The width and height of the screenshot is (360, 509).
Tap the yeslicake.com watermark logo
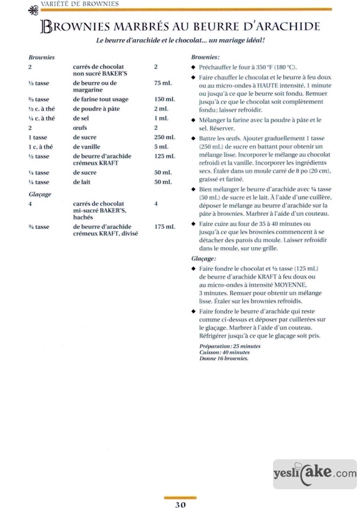(x=315, y=474)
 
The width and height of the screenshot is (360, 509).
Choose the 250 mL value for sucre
(x=164, y=137)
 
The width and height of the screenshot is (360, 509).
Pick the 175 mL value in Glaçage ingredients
(x=164, y=227)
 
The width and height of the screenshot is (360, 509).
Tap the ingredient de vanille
(x=88, y=147)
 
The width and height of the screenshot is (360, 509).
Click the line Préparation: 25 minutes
(x=229, y=347)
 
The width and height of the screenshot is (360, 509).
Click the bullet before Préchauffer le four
(x=193, y=67)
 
